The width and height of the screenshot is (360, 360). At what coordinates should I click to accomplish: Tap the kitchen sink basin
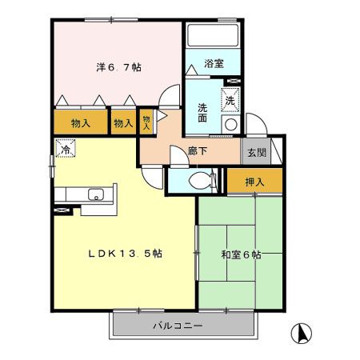tap(96, 194)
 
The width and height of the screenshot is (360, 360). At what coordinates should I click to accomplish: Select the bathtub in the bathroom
tap(213, 35)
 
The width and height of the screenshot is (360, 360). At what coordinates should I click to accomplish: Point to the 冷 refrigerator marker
tap(66, 148)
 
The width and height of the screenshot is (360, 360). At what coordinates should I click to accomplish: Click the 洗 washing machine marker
tap(230, 100)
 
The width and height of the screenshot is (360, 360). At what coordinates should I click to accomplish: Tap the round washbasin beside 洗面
tap(231, 125)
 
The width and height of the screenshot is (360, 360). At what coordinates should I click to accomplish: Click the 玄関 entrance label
tap(257, 153)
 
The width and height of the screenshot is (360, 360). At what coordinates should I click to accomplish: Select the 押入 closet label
tap(254, 182)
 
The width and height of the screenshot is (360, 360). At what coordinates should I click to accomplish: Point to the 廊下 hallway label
tap(198, 151)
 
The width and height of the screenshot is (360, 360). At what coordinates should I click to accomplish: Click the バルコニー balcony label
tap(178, 326)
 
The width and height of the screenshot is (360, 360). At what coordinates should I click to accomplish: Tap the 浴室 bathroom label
tap(214, 63)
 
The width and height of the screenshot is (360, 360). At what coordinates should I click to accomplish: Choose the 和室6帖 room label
tap(241, 255)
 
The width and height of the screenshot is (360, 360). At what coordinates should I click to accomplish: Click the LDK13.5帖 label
tap(125, 254)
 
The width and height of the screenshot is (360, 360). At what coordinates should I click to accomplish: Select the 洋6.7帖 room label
tap(118, 67)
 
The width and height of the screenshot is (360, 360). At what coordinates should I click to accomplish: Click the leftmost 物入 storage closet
tap(81, 122)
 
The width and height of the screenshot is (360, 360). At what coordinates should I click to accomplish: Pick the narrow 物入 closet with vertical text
tap(146, 122)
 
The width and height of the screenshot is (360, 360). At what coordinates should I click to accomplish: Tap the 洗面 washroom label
tap(202, 113)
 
